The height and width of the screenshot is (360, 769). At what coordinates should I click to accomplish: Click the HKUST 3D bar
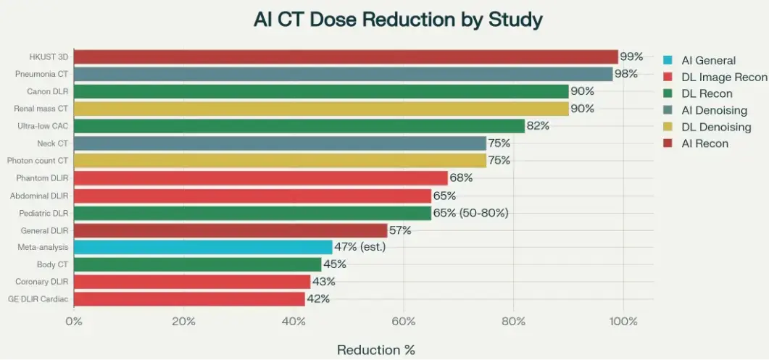coord(346,56)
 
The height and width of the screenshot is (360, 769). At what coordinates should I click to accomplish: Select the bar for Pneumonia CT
coord(343,74)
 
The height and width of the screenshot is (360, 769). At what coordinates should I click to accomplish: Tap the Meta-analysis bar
coord(203,247)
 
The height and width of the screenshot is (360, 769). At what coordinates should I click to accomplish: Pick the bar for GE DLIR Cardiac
coord(189,298)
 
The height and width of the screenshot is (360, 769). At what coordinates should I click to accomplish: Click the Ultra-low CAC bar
coord(299,126)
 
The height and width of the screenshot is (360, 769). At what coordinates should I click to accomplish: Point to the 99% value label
coord(631,56)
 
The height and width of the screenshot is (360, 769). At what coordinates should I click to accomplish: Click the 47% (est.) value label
coord(359,247)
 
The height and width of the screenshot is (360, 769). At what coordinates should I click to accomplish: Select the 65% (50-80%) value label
coord(470,213)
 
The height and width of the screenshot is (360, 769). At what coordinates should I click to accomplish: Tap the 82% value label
coord(538,126)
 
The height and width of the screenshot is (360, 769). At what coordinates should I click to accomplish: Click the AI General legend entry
coord(708,61)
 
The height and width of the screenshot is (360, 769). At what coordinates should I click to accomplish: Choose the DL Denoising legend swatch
coord(669,127)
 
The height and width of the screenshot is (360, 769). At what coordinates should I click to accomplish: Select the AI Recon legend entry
coord(704,143)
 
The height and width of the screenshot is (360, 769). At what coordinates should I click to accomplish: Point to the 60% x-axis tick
coord(403,322)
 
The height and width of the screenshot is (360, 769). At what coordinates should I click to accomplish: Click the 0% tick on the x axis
coord(74,322)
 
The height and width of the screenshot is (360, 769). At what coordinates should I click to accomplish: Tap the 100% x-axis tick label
coord(623,322)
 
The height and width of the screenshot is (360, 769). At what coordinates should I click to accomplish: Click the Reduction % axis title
coord(375,350)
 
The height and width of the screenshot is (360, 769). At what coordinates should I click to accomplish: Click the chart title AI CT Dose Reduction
coord(397,20)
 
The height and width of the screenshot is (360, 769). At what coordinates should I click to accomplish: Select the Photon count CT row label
coord(37,161)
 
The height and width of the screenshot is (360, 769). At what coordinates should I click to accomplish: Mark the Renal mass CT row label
coord(41,109)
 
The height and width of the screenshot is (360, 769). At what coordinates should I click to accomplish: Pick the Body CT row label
coord(52,264)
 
